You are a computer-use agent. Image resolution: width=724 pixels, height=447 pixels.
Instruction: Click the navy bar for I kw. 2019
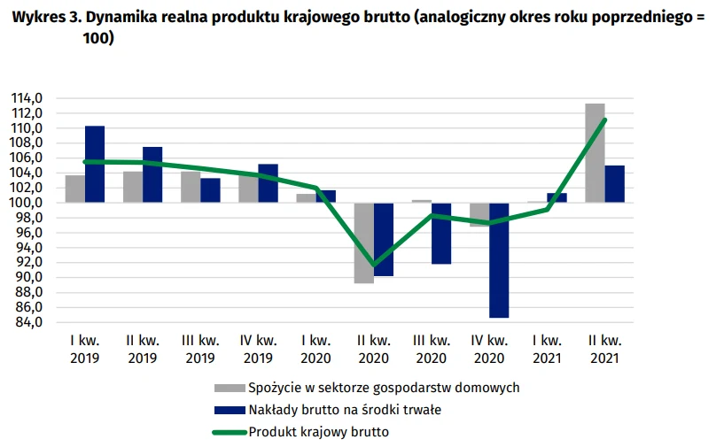[95, 164]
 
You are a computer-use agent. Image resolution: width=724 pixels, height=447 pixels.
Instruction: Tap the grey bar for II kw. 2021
[596, 153]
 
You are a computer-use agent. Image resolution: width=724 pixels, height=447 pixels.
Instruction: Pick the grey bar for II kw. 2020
[363, 243]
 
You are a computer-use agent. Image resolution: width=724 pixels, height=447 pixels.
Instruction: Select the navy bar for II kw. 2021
[615, 184]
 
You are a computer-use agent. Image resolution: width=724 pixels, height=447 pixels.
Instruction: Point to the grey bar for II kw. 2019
[133, 187]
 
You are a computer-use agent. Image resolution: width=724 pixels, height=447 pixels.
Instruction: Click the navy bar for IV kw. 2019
[268, 183]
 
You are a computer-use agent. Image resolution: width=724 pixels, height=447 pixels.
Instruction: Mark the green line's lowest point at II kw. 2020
[373, 265]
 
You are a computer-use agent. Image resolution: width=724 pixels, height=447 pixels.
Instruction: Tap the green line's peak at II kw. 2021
[604, 119]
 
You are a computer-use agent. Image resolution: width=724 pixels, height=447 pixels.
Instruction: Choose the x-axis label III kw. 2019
[200, 348]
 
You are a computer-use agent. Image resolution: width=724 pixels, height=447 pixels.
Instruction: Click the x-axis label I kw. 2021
[547, 348]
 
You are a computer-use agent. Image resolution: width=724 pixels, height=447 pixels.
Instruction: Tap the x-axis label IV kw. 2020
[489, 348]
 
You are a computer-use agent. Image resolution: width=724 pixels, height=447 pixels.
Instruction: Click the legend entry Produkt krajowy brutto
[319, 432]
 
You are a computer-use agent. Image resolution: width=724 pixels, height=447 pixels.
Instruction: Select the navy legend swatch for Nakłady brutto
[229, 410]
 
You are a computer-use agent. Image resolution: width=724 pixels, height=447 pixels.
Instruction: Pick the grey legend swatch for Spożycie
[229, 388]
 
